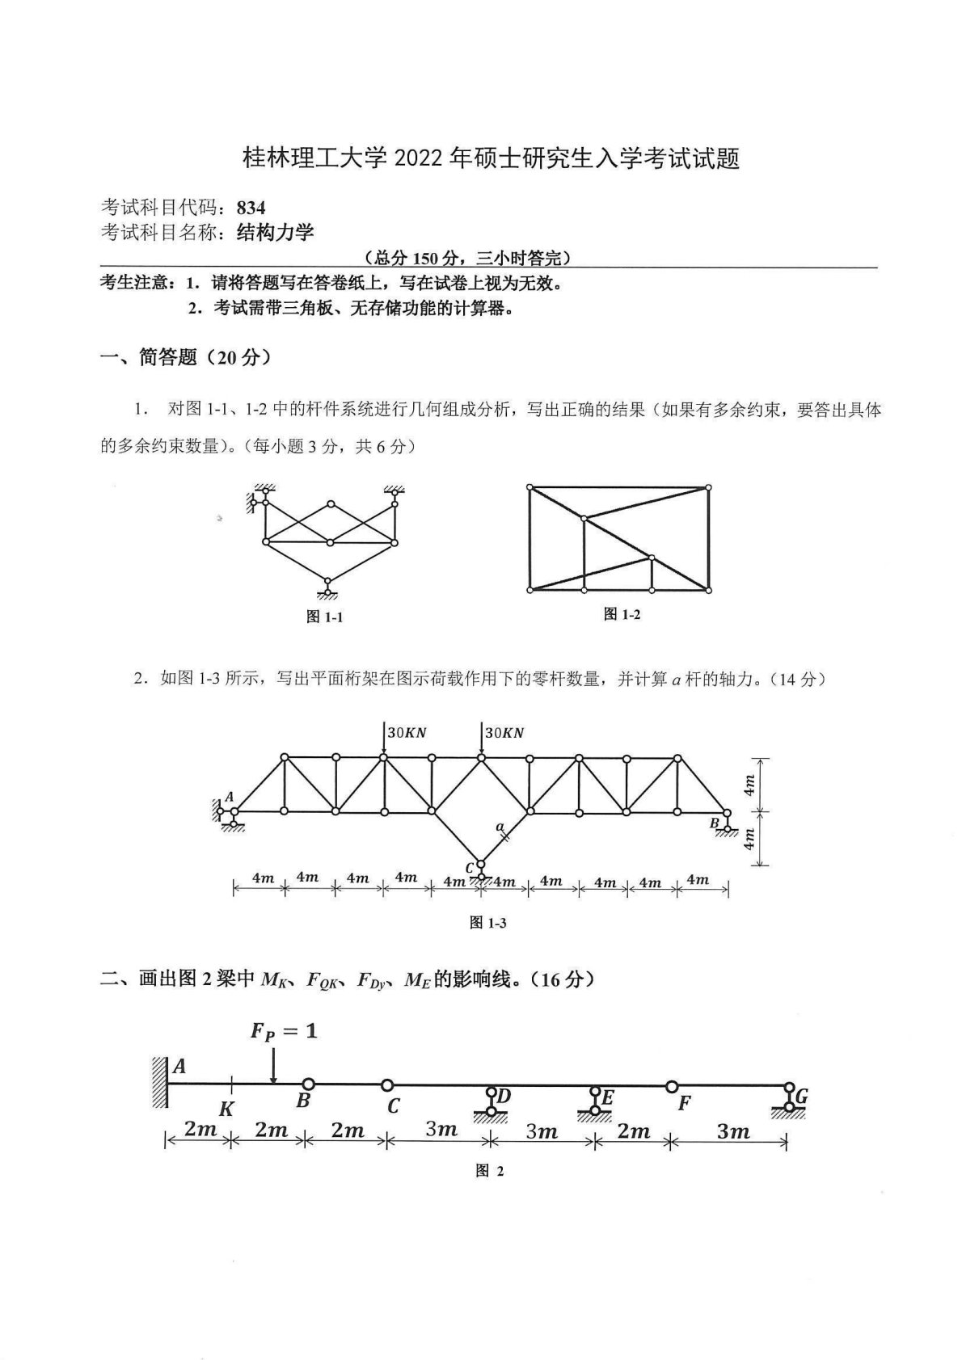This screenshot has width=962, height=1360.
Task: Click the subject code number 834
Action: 251,208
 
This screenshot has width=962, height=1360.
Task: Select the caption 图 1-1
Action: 325,617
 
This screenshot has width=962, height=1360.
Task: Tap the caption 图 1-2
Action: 622,615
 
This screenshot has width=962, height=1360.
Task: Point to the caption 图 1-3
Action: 487,923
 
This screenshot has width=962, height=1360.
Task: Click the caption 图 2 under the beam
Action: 489,1171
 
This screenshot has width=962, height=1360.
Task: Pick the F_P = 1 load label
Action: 284,1031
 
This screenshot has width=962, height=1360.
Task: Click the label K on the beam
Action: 226,1109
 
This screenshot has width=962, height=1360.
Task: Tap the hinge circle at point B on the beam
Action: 307,1084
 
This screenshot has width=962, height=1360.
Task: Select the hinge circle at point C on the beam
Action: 387,1085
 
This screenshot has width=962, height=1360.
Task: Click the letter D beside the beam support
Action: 504,1096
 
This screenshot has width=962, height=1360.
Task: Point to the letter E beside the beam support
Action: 608,1097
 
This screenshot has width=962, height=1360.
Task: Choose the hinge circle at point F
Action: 670,1086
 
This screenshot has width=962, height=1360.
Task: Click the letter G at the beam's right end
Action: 802,1097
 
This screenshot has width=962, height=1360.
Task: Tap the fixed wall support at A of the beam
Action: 158,1081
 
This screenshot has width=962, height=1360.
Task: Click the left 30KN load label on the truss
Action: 407,733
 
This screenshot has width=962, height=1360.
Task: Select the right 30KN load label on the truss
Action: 504,733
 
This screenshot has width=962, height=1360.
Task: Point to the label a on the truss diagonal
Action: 500,826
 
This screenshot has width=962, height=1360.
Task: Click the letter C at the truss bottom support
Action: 469,869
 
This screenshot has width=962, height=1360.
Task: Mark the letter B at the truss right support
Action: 714,823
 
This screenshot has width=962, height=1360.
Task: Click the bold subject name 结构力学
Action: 275,233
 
